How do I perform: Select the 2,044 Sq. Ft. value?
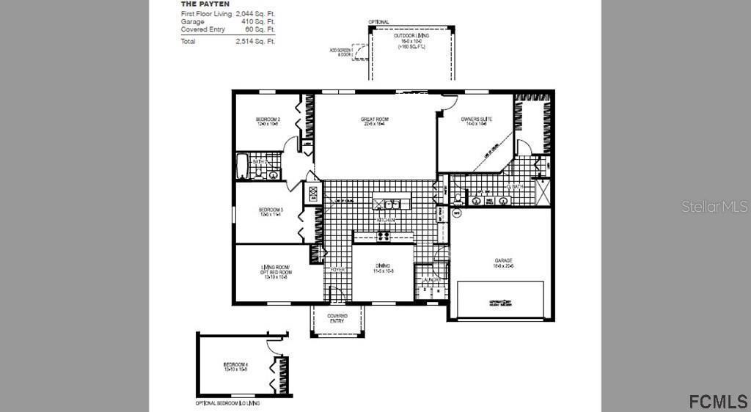[255, 14]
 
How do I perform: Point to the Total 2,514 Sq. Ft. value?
[255, 42]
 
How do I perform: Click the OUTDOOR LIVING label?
[411, 35]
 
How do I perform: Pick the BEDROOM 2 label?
[268, 119]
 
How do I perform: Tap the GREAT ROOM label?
[374, 119]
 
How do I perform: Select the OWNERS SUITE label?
[476, 119]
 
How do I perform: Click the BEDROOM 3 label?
[271, 210]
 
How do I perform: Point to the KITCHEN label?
[386, 220]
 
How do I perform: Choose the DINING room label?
[383, 266]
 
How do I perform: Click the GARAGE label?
[503, 261]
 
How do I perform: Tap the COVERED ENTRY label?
[337, 318]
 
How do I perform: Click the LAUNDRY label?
[431, 279]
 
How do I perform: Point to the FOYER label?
[337, 270]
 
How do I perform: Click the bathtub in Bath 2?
[242, 166]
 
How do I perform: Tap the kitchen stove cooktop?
[383, 236]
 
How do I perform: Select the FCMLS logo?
[718, 401]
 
